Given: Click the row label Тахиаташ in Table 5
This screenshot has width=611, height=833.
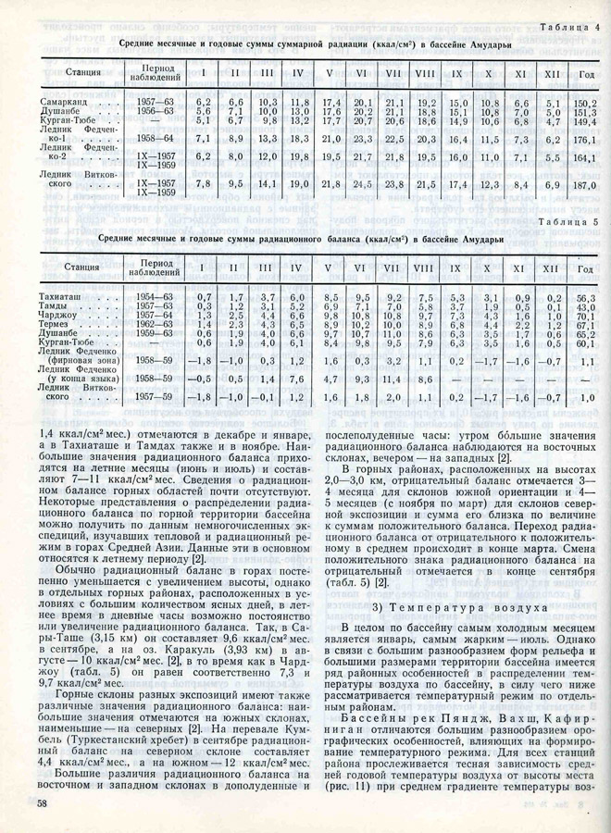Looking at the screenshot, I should click(x=63, y=296).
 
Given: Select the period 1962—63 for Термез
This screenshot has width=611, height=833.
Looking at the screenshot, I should click(x=154, y=325).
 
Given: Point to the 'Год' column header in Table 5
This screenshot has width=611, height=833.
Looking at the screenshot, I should click(x=584, y=268).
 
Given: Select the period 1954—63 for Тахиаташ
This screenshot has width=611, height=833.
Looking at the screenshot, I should click(x=154, y=296).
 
